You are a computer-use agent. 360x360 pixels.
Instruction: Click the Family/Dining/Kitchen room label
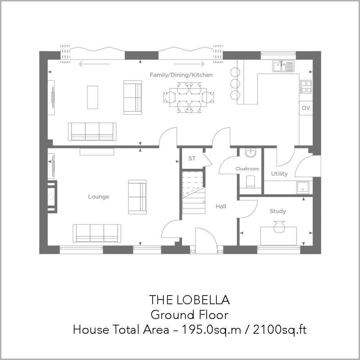tap(181, 75)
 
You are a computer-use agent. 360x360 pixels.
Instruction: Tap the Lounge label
tap(99, 197)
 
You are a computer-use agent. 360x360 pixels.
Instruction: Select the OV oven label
tap(306, 108)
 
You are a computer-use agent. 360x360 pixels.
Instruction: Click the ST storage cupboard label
tap(192, 158)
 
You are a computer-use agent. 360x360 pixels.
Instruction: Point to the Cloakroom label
tap(247, 168)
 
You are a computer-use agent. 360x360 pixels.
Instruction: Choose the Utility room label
tap(279, 174)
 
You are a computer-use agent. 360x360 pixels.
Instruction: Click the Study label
tap(278, 211)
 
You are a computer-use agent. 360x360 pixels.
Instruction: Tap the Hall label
tap(221, 206)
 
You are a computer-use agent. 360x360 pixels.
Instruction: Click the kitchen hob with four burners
tap(306, 86)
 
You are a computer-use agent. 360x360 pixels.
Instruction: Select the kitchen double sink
tap(283, 66)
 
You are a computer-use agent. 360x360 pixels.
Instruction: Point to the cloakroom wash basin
tap(251, 153)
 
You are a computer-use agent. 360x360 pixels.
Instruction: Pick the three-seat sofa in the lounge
tap(97, 233)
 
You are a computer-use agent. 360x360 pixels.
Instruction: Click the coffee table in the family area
tap(93, 97)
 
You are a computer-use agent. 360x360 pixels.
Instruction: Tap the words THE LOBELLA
tap(189, 300)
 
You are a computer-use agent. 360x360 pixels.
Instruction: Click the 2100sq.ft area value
tap(280, 329)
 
